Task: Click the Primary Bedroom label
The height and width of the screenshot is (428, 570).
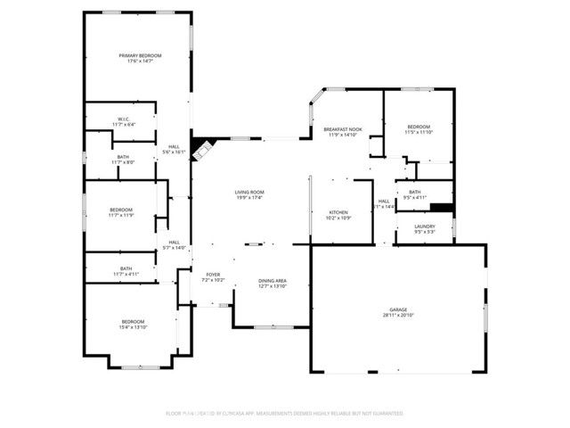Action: (x=138, y=56)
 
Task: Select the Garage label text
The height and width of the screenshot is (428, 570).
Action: (x=397, y=309)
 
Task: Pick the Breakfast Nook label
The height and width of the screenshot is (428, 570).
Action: (x=343, y=130)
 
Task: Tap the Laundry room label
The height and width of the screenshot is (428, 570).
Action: (x=425, y=227)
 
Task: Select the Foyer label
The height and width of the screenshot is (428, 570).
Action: (x=214, y=275)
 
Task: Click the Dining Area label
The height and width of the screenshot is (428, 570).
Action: (x=273, y=281)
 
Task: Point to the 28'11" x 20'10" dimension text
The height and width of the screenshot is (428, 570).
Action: (x=397, y=315)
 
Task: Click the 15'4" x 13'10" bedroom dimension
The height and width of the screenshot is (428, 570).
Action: (x=133, y=327)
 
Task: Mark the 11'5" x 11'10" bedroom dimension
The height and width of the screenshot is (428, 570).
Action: (x=419, y=133)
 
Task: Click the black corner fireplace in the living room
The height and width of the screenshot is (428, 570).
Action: (x=202, y=145)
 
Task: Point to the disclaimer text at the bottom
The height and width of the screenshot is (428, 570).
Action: (x=285, y=414)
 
